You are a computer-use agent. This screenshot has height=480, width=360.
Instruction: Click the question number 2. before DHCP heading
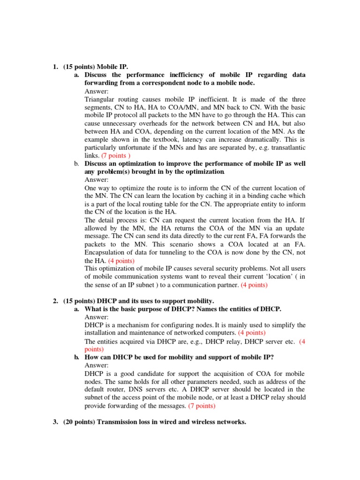click(x=55, y=300)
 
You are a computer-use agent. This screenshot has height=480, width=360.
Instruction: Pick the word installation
click(x=101, y=333)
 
